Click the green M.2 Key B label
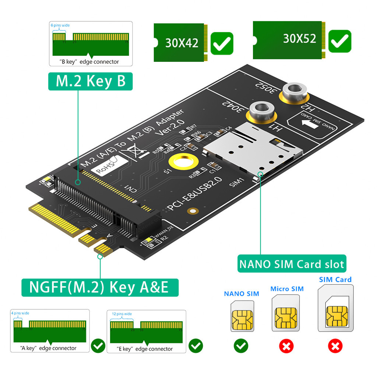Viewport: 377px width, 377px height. tap(90, 81)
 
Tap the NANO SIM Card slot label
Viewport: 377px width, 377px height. tap(292, 264)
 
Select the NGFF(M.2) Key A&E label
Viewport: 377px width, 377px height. tap(99, 287)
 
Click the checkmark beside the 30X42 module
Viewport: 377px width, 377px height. tap(222, 43)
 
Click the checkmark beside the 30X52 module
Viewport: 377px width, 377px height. tap(339, 41)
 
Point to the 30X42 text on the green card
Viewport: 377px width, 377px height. tap(182, 43)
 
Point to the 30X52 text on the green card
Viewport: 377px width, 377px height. tap(299, 39)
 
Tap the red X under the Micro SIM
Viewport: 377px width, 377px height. tap(286, 346)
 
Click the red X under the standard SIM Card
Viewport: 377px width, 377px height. tap(335, 346)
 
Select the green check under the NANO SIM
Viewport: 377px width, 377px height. tap(241, 346)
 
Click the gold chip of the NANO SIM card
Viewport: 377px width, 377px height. tap(242, 319)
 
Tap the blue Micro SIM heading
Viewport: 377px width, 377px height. tap(287, 289)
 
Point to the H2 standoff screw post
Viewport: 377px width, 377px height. tap(293, 91)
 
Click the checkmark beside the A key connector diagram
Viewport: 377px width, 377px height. tap(98, 346)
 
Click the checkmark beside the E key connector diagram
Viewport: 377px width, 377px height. tap(195, 346)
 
